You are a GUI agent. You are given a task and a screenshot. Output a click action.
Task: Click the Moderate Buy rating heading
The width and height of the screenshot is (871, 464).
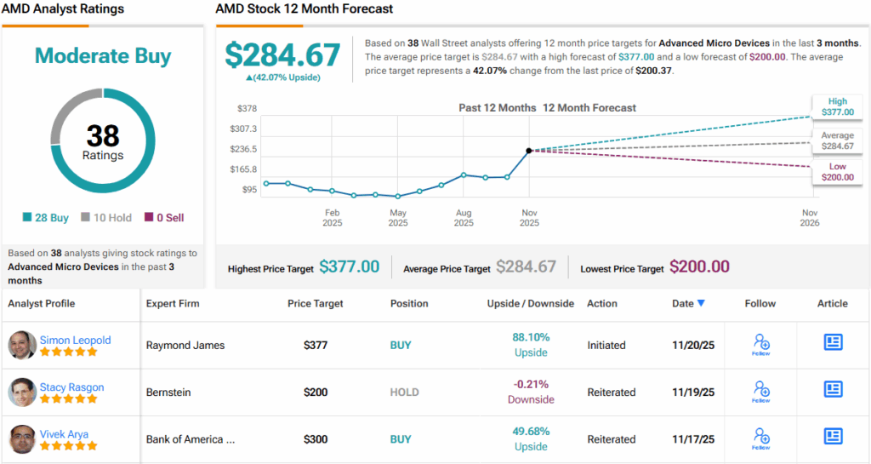pos(103,56)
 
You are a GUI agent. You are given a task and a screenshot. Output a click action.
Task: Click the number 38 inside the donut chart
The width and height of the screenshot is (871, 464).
pos(103,135)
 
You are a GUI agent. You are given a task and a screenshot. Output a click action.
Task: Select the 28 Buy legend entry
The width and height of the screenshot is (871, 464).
pos(46,218)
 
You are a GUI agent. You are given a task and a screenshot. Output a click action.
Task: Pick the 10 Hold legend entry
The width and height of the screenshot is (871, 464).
pos(106,218)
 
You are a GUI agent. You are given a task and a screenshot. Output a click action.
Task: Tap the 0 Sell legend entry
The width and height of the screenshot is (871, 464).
pos(163,218)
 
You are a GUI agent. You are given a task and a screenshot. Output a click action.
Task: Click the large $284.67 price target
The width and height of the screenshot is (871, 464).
pos(282,55)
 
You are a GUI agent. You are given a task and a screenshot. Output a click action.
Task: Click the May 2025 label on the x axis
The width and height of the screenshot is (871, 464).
pos(398,217)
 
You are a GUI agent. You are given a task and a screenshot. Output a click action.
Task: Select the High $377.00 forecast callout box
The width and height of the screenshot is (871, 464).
pos(837,106)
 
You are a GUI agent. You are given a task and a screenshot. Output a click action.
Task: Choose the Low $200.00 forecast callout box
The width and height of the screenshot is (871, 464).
pos(837,172)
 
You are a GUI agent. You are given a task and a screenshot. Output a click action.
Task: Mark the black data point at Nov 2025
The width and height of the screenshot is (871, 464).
pos(529,151)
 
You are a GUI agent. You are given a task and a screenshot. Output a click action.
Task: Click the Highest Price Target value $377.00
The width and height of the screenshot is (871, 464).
pos(349,267)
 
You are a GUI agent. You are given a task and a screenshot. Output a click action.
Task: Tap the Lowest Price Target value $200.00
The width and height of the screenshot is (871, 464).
pos(699,267)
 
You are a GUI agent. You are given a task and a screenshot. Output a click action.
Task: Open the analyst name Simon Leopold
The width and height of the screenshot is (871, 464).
pos(76,340)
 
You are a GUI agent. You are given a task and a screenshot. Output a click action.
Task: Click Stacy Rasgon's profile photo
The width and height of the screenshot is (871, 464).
pos(22,392)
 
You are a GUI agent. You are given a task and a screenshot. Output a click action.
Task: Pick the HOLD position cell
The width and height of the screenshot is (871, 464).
pos(405,392)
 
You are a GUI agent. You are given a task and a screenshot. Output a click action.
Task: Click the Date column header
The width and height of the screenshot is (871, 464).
pos(688,303)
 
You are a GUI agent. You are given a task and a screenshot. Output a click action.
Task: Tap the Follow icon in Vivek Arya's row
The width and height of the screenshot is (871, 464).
pos(761,438)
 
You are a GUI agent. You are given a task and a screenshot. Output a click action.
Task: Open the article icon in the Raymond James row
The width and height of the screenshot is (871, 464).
pos(833,342)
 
